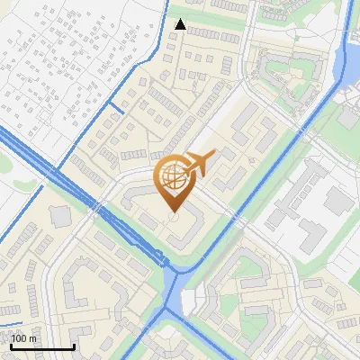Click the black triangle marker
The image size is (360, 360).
point(180,24)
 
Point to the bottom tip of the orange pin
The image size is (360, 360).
point(173,212)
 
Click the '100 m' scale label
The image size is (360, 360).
point(23,338)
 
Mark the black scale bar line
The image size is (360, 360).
point(42,346)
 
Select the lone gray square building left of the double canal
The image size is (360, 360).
point(61,216)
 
